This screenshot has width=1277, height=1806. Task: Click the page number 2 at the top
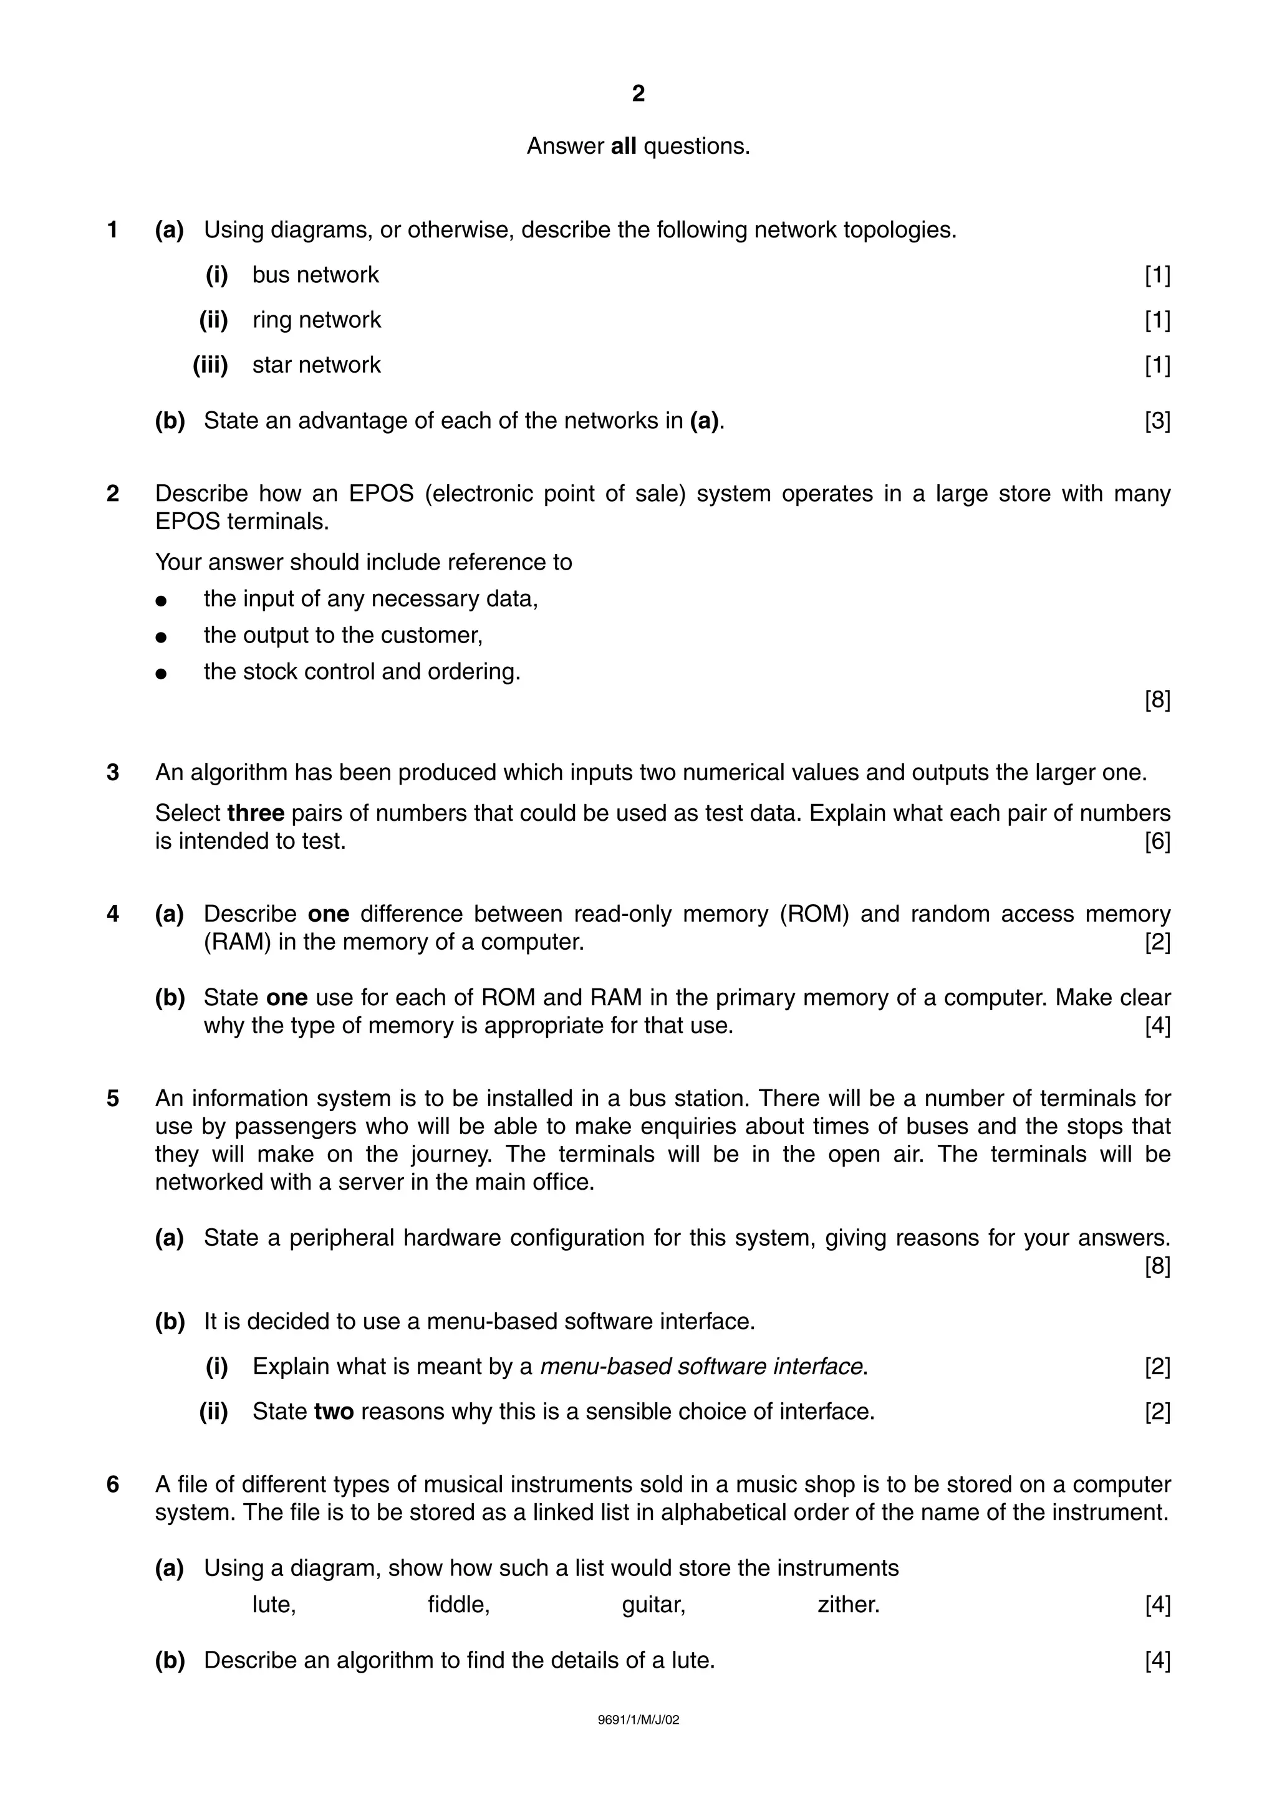pos(638,94)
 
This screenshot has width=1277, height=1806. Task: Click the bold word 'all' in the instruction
pos(623,146)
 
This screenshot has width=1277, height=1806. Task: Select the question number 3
pos(113,772)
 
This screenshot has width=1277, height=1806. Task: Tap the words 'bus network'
pos(315,275)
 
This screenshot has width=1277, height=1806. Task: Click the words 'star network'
pos(316,365)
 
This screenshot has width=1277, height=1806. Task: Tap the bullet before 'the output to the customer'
pos(161,636)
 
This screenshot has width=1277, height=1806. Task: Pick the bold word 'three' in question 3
pos(256,813)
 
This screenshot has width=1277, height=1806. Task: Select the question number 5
pos(113,1098)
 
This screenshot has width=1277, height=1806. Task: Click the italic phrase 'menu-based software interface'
pos(701,1366)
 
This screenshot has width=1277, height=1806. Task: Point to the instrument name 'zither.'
pos(848,1605)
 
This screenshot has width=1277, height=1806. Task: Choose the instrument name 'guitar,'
pos(653,1605)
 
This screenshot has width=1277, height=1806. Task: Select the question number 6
pos(113,1484)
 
